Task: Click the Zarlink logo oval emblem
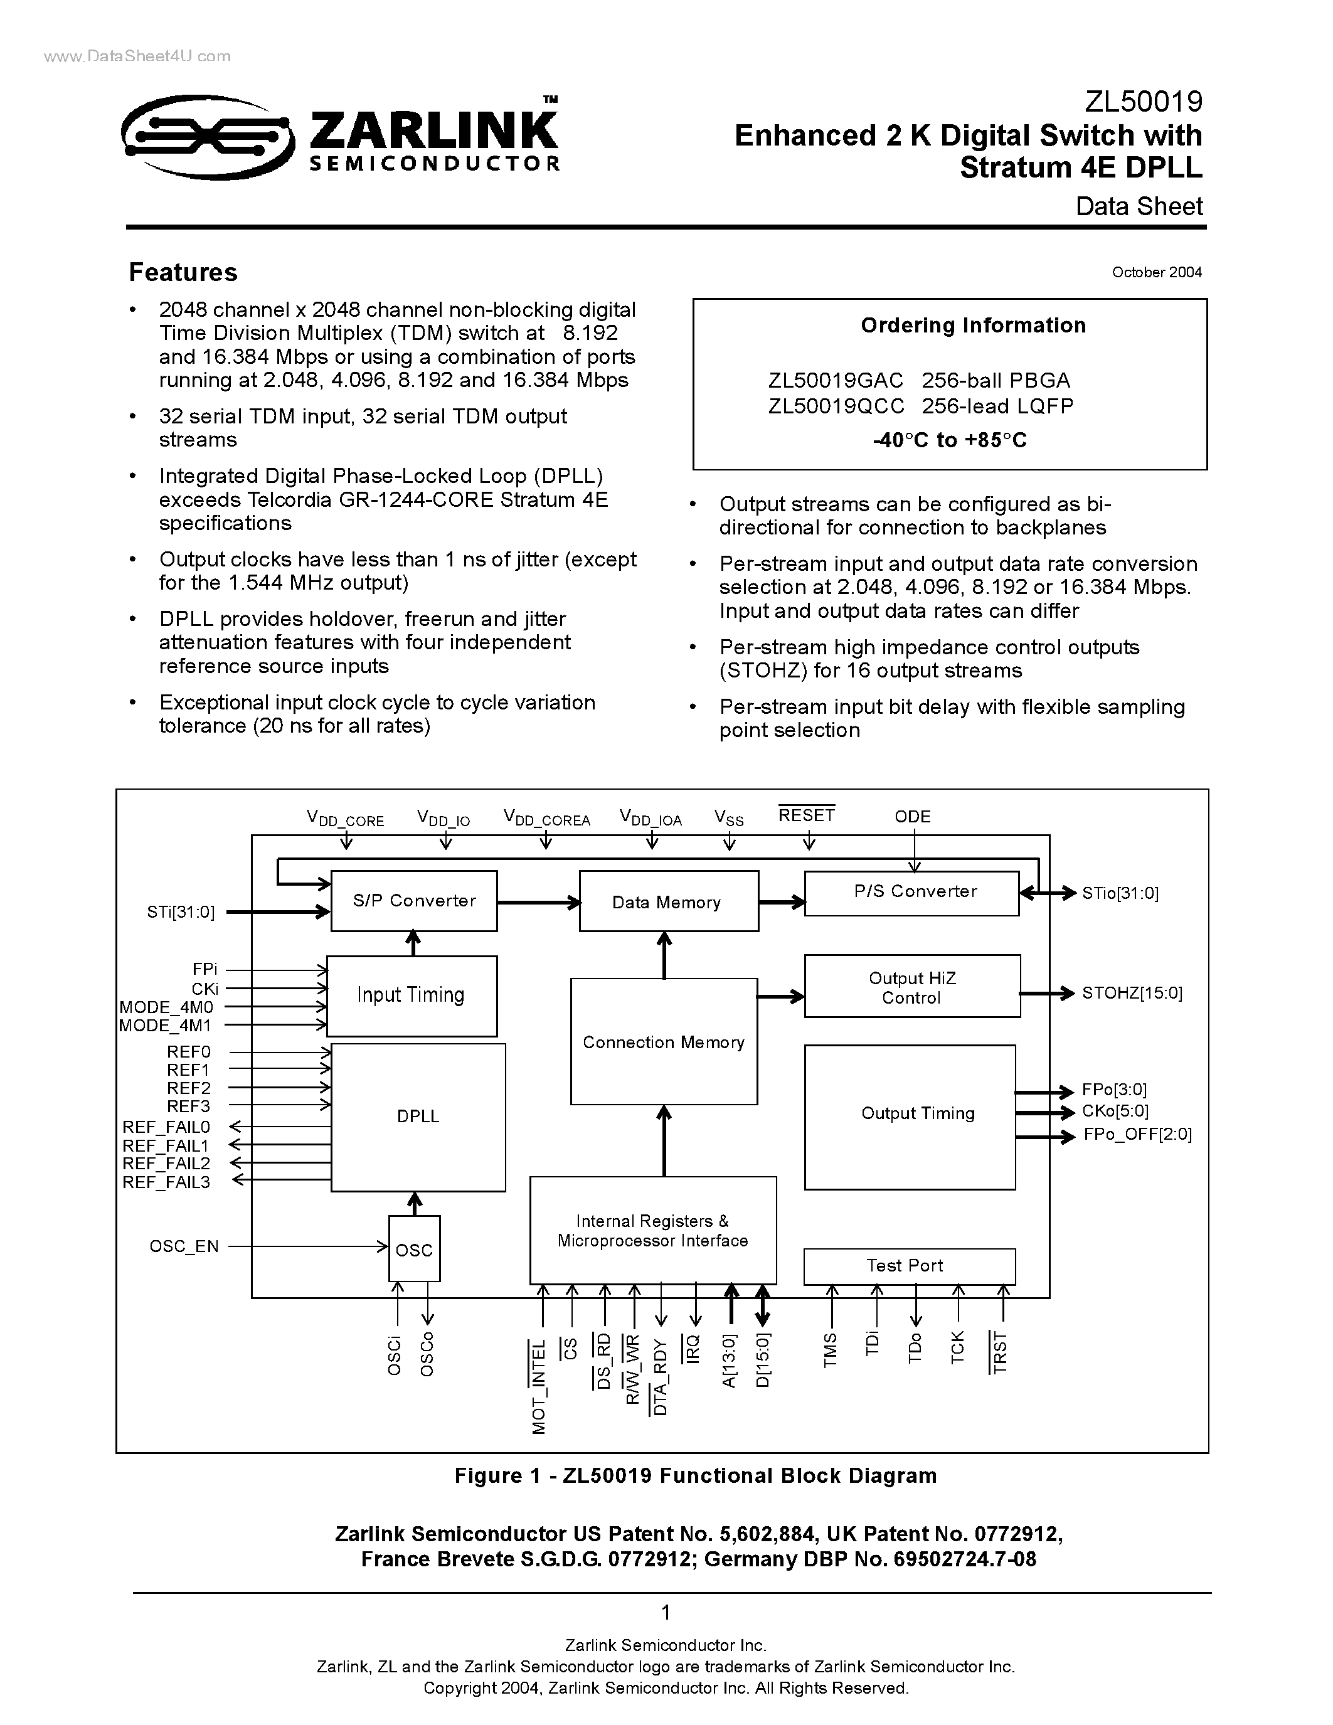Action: point(207,137)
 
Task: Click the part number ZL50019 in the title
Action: point(1143,102)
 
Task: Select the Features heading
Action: point(183,272)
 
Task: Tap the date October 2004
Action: point(1156,272)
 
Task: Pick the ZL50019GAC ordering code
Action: point(836,381)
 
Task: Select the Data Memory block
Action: point(668,902)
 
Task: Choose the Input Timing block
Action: point(412,995)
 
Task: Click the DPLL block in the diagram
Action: point(418,1116)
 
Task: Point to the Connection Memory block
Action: point(663,1042)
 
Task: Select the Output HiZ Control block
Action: point(911,987)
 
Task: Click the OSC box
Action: point(414,1250)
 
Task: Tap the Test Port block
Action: point(909,1265)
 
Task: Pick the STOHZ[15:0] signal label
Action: point(1132,993)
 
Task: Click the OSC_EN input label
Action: point(184,1246)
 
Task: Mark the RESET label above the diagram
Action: point(806,815)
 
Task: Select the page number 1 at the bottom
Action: point(666,1612)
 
